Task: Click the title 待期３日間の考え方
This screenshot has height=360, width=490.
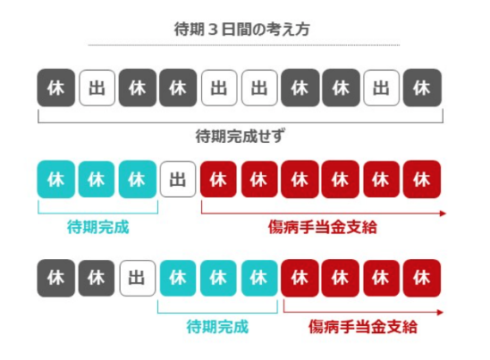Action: coord(241,29)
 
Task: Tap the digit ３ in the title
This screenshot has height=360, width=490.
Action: coord(213,30)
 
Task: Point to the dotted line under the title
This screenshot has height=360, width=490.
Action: coord(244,45)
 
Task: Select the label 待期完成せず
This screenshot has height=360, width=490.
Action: coord(240,136)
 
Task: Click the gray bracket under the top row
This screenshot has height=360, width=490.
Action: coord(241,122)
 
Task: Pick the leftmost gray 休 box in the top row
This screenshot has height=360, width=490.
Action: coord(56,88)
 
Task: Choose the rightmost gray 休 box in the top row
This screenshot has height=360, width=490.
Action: coord(422,88)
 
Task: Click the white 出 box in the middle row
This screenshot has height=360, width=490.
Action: coord(178,180)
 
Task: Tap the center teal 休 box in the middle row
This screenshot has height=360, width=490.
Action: coord(97,180)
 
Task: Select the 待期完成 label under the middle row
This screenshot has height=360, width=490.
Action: coord(97,227)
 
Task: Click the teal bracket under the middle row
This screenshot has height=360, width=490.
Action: coord(97,213)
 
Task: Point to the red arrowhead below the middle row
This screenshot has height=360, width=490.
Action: coord(443,213)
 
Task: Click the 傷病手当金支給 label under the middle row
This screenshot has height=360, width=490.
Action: coord(323,227)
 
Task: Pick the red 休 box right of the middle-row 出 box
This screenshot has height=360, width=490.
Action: coord(218,180)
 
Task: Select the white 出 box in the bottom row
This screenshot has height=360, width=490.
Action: coord(137,278)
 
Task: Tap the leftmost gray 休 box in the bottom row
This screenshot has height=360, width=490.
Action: coord(56,278)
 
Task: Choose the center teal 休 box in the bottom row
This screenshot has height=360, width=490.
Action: coord(218,278)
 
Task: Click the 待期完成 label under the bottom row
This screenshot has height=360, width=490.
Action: coord(217,327)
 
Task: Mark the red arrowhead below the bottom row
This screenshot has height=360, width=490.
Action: coord(440,313)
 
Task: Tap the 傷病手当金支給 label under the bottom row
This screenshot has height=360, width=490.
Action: coord(363,327)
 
